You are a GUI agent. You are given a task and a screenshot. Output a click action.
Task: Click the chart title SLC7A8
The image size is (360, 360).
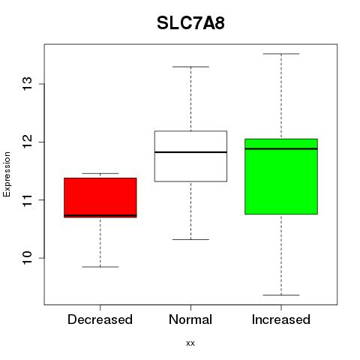[x=190, y=23]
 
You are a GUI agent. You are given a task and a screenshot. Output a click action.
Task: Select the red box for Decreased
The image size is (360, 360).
[x=100, y=198]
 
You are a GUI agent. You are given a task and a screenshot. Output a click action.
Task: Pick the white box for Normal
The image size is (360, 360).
[x=190, y=156]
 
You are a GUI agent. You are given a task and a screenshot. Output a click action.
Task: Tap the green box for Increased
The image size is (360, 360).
[x=281, y=176]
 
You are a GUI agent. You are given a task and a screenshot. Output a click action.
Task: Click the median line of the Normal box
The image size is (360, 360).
[x=190, y=152]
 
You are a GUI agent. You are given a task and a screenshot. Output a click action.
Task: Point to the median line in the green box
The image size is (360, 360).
[x=281, y=148]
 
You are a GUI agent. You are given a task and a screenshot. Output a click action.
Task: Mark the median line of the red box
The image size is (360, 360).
[x=100, y=215]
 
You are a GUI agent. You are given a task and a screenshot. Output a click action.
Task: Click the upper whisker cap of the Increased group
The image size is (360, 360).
[x=281, y=54]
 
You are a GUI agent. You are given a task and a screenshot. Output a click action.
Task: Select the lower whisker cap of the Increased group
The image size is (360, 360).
[x=281, y=295]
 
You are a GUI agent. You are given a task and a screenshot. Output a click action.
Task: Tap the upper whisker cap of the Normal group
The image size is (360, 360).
[x=190, y=67]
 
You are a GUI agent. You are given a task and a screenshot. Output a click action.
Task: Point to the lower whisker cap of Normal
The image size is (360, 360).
[x=190, y=239]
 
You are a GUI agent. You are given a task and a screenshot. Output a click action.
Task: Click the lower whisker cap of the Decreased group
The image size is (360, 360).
[x=100, y=267]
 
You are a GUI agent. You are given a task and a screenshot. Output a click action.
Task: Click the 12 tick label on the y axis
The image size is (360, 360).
[x=28, y=142]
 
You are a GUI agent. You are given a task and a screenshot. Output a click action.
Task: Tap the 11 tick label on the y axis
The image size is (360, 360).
[x=28, y=199]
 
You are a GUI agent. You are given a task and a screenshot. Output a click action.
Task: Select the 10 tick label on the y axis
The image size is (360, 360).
[x=28, y=258]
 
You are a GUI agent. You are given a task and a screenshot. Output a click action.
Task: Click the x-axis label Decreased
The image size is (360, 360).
[x=100, y=319]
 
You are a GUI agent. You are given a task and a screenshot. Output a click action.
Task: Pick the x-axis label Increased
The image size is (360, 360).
[x=281, y=319]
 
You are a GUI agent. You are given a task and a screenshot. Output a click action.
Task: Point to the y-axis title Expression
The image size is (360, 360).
[x=7, y=174]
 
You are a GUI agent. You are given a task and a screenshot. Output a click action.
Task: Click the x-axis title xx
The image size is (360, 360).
[x=190, y=343]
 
